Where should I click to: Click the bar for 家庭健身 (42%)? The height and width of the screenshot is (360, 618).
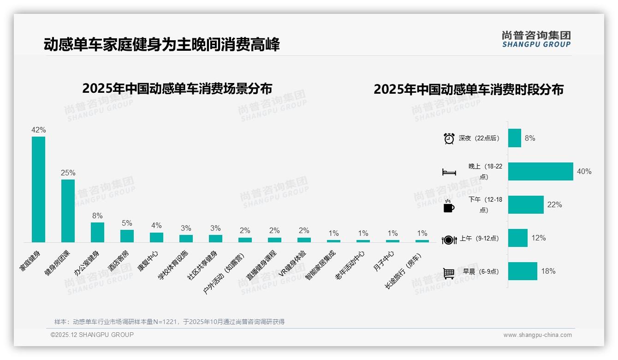tap(38, 189)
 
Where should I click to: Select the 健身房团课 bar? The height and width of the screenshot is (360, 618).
tap(68, 211)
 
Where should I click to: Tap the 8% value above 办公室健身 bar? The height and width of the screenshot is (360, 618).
tap(97, 216)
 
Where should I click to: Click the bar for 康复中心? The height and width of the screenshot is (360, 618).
tap(156, 237)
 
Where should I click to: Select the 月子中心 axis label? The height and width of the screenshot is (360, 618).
tap(384, 261)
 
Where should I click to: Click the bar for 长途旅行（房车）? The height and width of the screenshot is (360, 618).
tap(422, 241)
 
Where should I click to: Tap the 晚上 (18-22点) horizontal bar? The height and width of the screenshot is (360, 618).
tap(541, 172)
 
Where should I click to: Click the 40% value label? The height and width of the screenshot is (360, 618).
tap(584, 172)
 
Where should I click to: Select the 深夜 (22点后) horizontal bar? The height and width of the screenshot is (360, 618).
tap(515, 138)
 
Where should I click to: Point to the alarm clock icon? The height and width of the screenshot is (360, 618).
tap(449, 138)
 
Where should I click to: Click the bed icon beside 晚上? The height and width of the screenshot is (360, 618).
tap(449, 172)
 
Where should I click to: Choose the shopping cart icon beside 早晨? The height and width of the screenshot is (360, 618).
tap(449, 273)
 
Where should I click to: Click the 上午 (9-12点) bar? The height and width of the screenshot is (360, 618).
tap(518, 238)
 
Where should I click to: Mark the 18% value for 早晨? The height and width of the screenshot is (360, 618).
tap(548, 271)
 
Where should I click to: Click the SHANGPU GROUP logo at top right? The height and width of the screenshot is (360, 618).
tap(536, 39)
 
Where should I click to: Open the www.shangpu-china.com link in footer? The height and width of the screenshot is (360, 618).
tap(537, 335)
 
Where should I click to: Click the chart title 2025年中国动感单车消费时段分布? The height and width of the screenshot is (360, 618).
tap(468, 90)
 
